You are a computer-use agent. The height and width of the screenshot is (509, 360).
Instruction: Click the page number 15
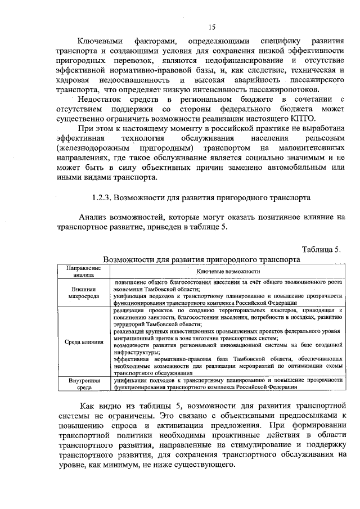pos(211,27)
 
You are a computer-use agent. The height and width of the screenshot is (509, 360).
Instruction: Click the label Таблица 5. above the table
pos(321,249)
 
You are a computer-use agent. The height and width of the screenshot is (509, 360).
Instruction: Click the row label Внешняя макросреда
pos(83,292)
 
